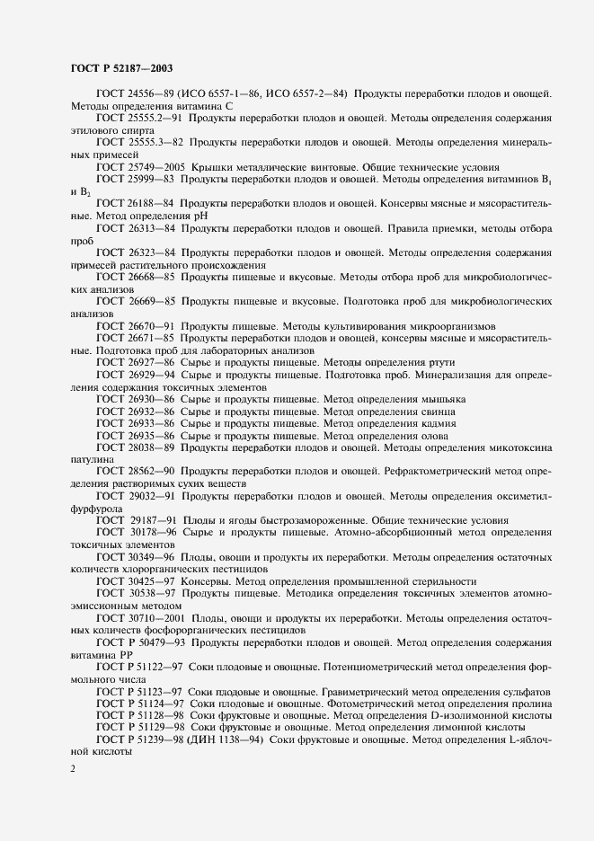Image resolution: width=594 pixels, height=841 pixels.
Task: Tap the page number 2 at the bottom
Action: (73, 769)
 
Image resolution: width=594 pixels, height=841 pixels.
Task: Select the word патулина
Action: (93, 459)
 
